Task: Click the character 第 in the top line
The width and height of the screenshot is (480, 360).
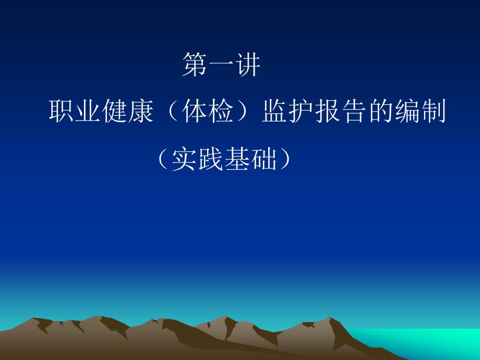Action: [195, 64]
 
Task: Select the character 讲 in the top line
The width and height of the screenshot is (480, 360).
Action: [248, 64]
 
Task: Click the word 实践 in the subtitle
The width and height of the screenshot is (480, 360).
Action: [197, 159]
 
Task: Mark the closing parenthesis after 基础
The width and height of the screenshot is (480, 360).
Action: [285, 159]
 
